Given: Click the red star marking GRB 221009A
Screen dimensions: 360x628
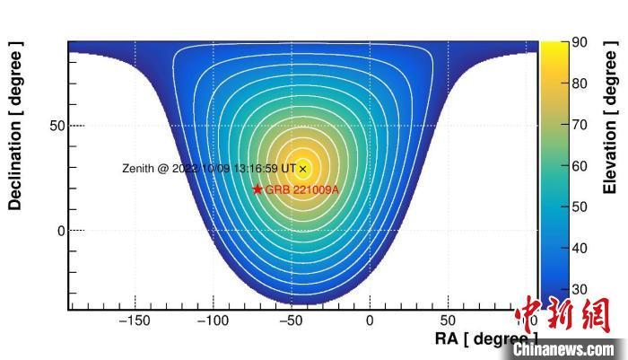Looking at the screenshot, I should click(x=257, y=189).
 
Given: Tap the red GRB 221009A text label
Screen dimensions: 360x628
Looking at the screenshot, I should click(x=302, y=190).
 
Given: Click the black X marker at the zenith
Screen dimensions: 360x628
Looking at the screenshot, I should click(x=303, y=169).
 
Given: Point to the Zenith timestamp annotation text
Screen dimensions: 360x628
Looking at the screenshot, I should click(x=209, y=169).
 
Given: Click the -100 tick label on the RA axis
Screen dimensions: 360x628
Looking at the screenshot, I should click(x=213, y=320).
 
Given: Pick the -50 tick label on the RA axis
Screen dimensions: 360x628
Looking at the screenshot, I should click(x=291, y=320).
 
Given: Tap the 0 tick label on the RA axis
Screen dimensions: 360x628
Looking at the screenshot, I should click(x=370, y=320).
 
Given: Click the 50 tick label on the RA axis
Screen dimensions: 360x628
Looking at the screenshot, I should click(x=447, y=320).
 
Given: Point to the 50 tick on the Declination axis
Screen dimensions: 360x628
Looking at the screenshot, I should click(x=57, y=126).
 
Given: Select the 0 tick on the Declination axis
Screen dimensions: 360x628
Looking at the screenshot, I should click(x=61, y=231).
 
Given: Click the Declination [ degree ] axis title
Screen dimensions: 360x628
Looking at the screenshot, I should click(x=15, y=126).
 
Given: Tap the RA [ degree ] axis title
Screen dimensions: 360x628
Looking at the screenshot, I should click(x=484, y=338).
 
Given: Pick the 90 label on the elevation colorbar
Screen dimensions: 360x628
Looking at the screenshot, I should click(x=580, y=43).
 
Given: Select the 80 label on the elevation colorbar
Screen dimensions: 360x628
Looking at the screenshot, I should click(x=580, y=84).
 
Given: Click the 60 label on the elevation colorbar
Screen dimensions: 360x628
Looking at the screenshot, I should click(x=580, y=166).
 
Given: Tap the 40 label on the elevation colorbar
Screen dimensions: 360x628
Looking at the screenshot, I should click(x=580, y=248).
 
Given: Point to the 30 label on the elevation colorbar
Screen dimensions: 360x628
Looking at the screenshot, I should click(x=580, y=289).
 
